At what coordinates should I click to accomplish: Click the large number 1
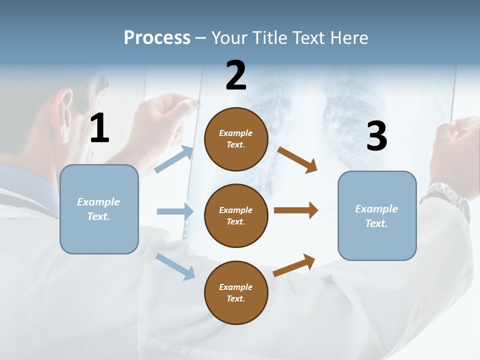point(99,128)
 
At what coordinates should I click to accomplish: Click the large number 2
point(236,75)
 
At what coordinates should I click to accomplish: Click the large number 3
point(376,136)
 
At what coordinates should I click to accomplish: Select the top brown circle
point(236,139)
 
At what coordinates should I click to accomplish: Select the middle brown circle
point(236,215)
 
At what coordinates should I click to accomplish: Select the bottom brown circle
point(236,292)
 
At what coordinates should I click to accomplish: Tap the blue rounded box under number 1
point(99,209)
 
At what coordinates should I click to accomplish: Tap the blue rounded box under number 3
point(377,215)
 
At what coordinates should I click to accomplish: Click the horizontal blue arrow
point(175,211)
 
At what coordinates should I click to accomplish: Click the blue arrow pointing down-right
point(175,266)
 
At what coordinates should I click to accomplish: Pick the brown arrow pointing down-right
point(297,159)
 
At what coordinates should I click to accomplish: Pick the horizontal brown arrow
point(296,210)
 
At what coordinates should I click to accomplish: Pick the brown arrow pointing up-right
point(294,265)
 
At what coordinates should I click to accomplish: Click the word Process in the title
point(157,37)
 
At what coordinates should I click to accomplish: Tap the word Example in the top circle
point(235,133)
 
